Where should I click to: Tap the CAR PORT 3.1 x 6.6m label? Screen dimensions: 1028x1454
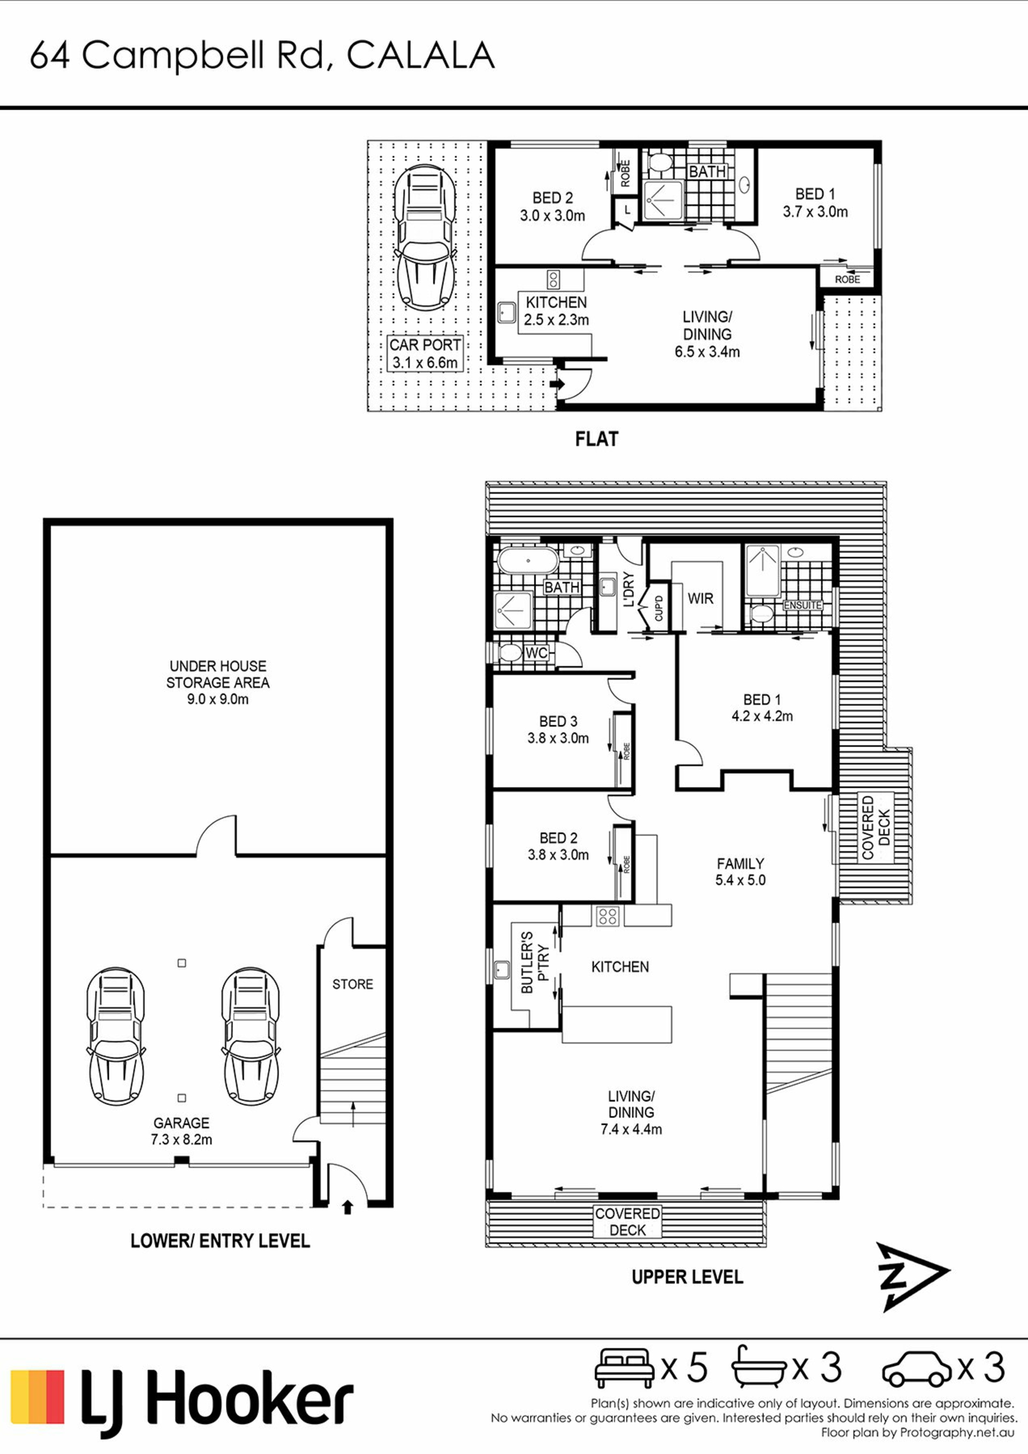coord(425,353)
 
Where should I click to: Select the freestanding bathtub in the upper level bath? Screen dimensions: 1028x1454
coord(527,561)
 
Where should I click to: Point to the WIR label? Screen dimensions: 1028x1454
coord(700,599)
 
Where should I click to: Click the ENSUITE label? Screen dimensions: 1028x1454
coord(803,605)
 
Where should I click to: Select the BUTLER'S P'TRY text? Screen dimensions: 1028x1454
coord(534,970)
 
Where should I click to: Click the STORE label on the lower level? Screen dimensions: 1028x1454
coord(353,984)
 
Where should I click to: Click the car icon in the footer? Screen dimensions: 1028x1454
coord(916,1369)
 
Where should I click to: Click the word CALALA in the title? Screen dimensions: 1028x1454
coord(421,56)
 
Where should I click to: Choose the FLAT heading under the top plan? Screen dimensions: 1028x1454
coord(596,439)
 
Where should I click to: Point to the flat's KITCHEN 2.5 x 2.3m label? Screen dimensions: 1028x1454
coord(556,311)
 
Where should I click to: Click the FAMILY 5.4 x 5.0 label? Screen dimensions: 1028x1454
coord(740,872)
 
